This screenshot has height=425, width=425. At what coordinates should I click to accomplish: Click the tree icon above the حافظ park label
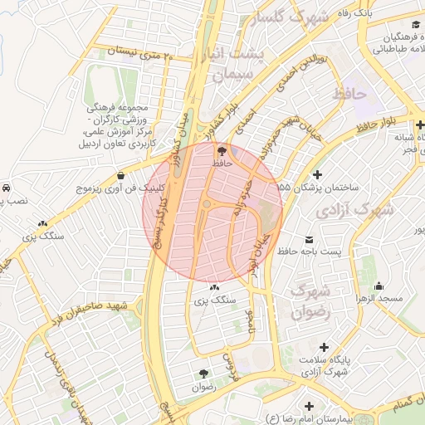[x=221, y=151]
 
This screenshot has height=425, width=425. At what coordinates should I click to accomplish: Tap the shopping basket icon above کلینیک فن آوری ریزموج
[x=122, y=175]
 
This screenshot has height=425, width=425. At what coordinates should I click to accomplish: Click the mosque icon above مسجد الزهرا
[x=379, y=286]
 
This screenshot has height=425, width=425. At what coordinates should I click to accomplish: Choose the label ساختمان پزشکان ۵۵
[x=328, y=189]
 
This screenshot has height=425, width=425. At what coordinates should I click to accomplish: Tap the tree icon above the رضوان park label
[x=204, y=374]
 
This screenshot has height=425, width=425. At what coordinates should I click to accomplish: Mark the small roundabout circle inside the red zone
[x=207, y=203]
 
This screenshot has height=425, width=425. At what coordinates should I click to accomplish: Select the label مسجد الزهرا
[x=379, y=298]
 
